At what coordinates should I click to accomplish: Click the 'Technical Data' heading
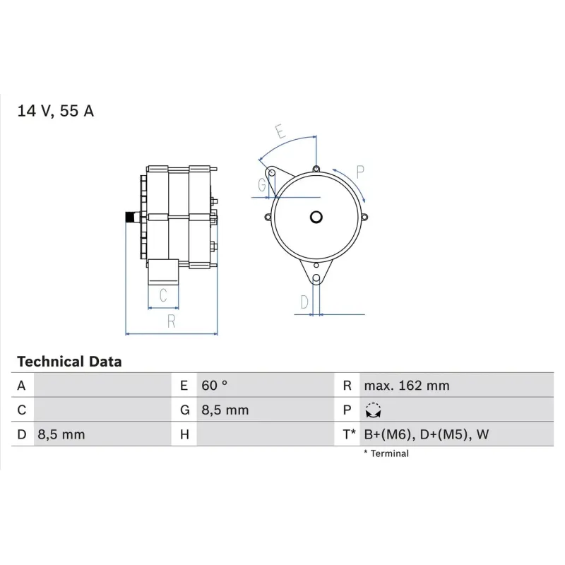coord(69,362)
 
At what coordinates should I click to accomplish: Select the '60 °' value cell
coord(215,386)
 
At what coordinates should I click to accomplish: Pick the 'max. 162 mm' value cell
coord(406,386)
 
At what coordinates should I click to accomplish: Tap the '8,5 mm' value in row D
coord(61,434)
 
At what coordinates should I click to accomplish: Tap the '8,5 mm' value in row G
coord(225,410)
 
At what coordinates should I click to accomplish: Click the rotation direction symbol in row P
coord(373,410)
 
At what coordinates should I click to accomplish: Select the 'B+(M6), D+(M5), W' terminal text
coord(426,434)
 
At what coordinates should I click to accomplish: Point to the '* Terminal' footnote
coord(386,453)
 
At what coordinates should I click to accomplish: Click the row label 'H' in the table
coord(184,434)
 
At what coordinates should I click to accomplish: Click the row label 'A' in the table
coord(21,386)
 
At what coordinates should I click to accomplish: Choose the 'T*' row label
coord(349,434)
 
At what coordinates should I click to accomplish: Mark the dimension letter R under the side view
coord(171,321)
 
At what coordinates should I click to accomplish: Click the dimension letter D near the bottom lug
coord(304,302)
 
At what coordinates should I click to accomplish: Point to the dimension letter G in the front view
coord(263,186)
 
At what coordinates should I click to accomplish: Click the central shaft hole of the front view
coord(316,218)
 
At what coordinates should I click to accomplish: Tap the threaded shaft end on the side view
coord(131,218)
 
